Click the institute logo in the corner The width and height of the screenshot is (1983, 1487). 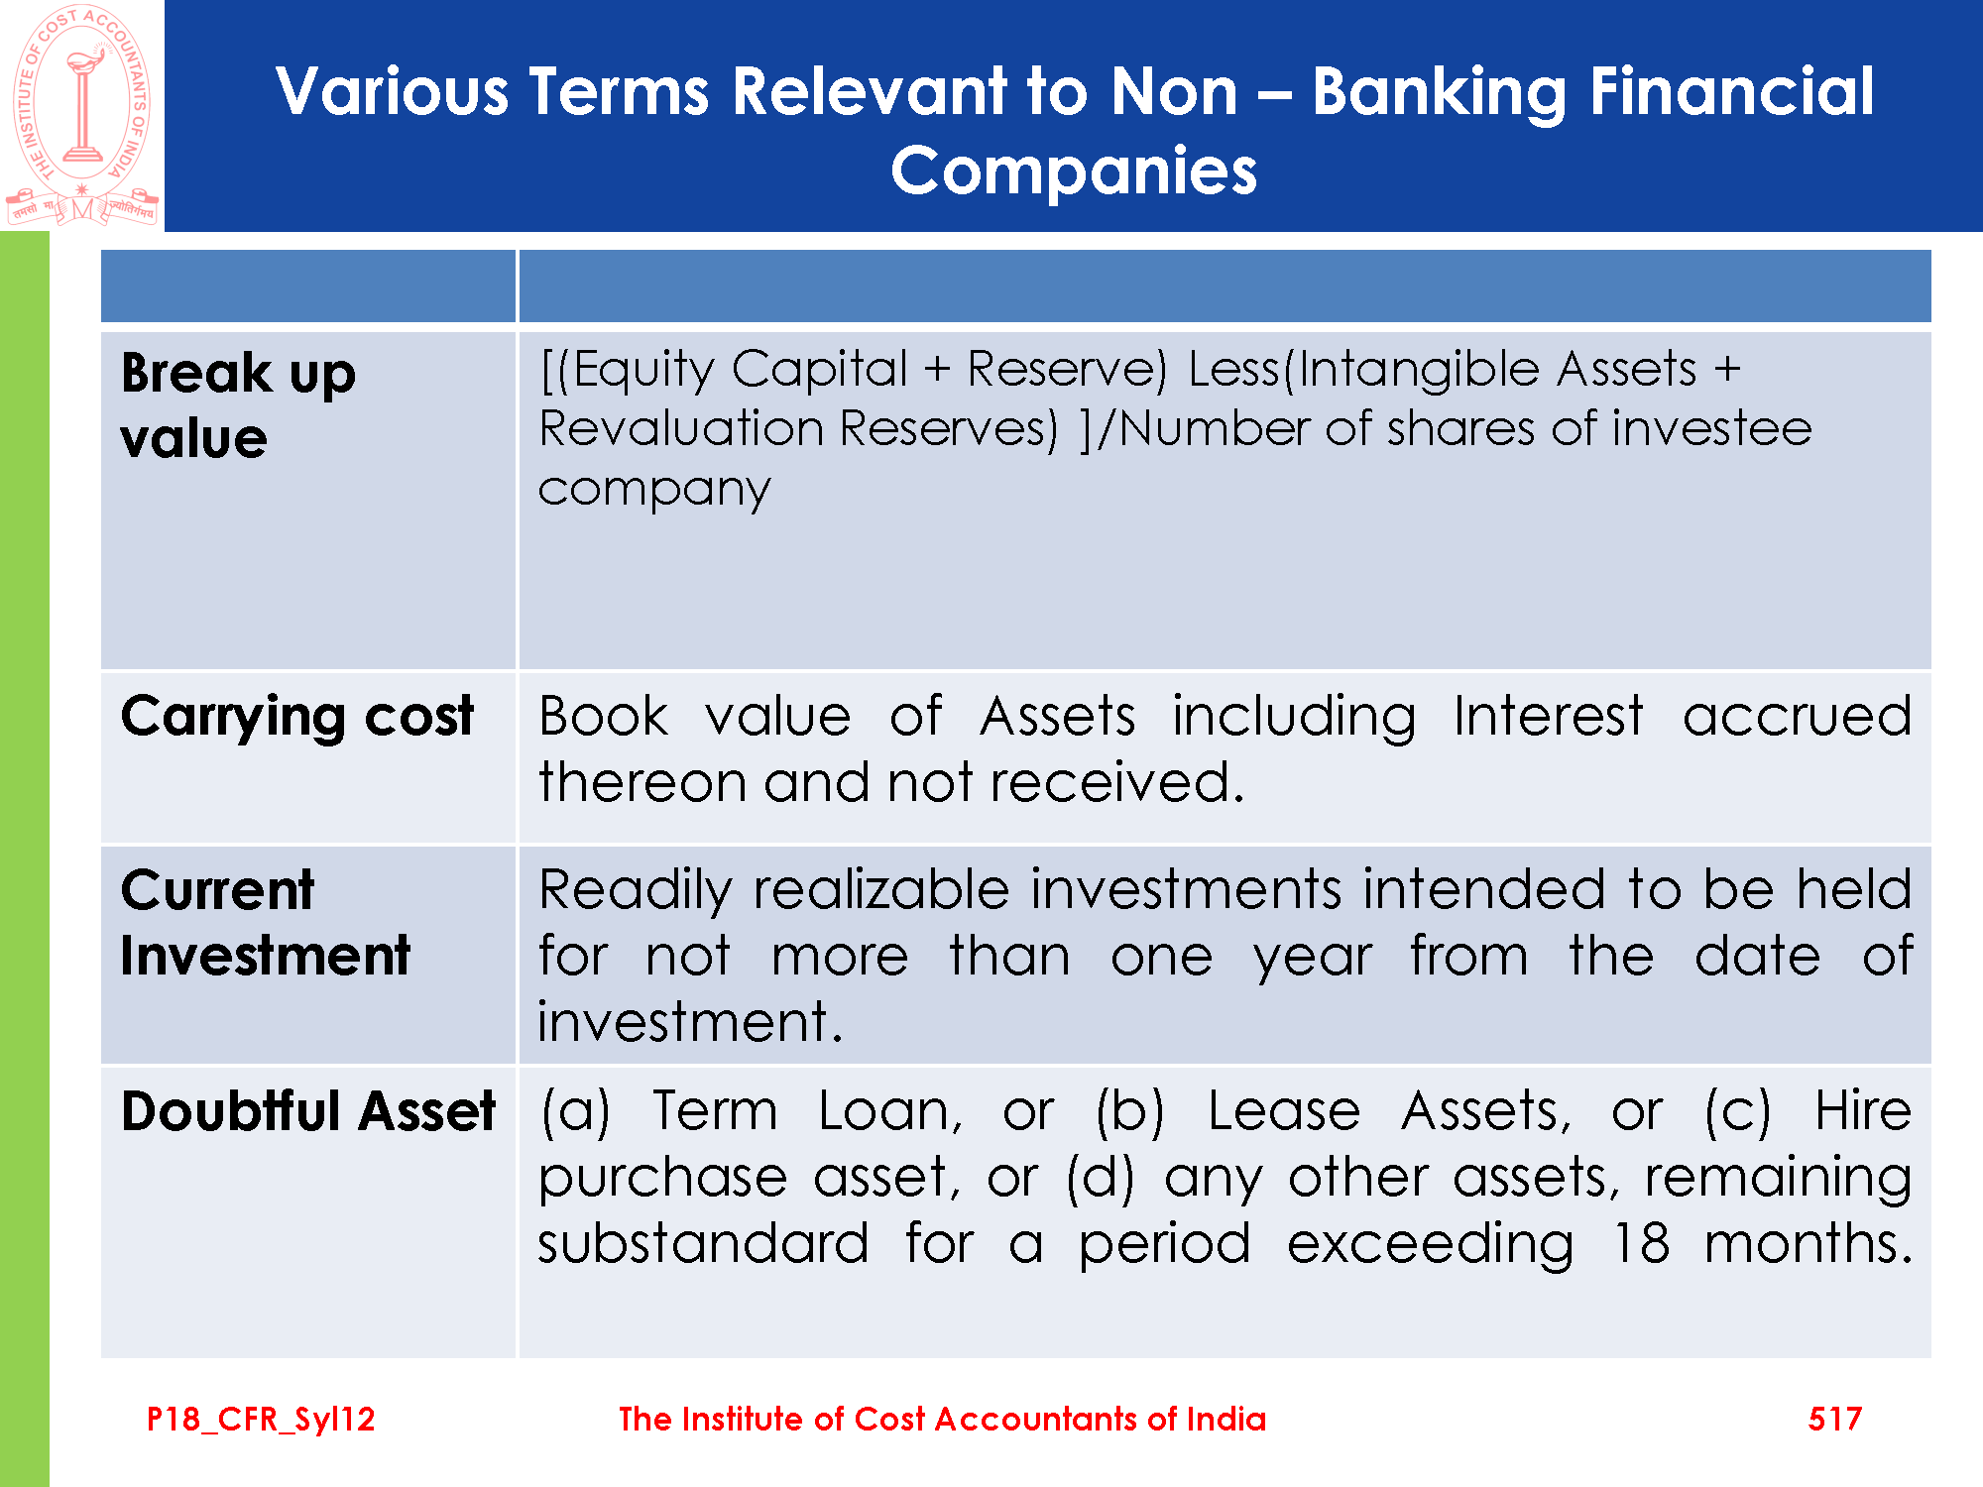click(x=82, y=116)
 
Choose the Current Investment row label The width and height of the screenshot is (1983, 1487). click(x=265, y=923)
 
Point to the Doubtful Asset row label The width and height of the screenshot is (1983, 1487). click(x=308, y=1110)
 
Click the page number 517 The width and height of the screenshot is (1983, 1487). click(x=1835, y=1419)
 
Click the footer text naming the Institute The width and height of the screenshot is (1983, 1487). click(x=942, y=1419)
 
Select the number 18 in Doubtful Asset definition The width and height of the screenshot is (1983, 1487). click(x=1641, y=1243)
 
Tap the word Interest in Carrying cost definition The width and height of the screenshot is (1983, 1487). click(x=1549, y=716)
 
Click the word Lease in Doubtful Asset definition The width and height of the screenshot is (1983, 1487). click(x=1284, y=1110)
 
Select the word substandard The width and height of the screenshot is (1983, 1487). click(x=703, y=1243)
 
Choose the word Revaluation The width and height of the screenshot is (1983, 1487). click(x=681, y=429)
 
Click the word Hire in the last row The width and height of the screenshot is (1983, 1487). click(x=1863, y=1110)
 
